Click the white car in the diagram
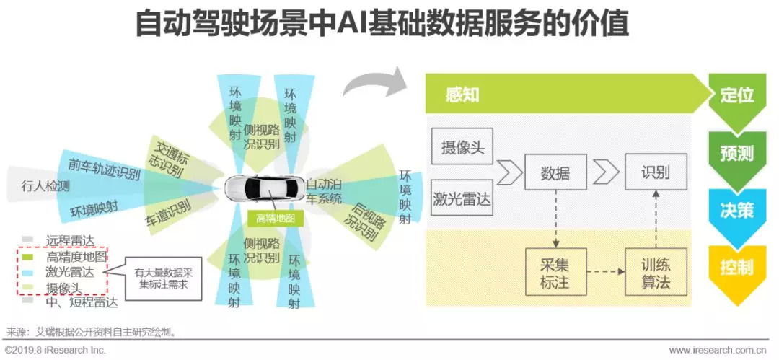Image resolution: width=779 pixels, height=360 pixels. click(264, 188)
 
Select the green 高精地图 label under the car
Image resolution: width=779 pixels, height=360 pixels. click(276, 218)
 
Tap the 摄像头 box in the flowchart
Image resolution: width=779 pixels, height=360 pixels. click(462, 147)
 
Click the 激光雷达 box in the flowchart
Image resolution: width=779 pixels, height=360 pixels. click(462, 198)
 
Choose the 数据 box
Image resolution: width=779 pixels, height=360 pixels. click(555, 172)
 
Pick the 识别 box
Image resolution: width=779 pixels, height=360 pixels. click(656, 172)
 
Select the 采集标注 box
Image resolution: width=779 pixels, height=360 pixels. click(555, 272)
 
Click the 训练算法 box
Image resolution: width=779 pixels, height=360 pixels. click(656, 272)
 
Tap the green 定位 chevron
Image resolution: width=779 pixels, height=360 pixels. click(736, 95)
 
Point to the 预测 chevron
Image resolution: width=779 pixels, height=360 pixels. click(736, 154)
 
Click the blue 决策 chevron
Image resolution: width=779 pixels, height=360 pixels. click(736, 210)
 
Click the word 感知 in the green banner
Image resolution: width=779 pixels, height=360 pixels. click(462, 95)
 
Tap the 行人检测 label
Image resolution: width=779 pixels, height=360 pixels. click(44, 186)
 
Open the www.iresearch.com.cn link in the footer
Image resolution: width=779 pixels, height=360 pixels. click(717, 350)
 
